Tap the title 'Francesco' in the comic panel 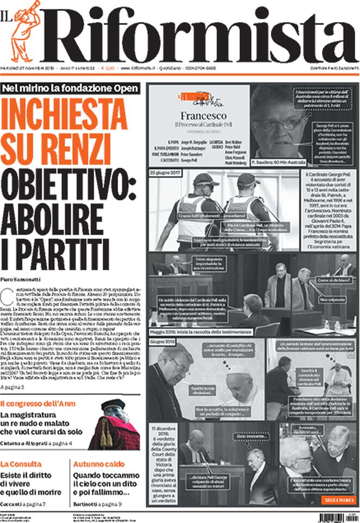point(198,116)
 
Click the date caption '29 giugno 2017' point(164,172)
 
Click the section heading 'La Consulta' point(21,464)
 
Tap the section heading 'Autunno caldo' point(99,464)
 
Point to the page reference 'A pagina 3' point(12,387)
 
